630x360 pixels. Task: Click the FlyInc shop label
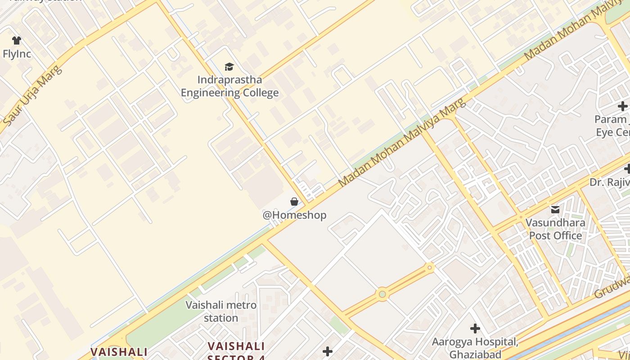tap(17, 54)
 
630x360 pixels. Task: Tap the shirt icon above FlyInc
tap(17, 40)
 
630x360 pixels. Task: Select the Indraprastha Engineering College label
tap(229, 86)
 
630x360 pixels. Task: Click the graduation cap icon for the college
tap(229, 67)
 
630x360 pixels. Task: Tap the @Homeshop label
tap(294, 215)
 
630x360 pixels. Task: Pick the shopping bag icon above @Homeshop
tap(294, 202)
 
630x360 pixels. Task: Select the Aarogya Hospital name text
tap(475, 342)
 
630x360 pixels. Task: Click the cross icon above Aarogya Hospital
tap(475, 328)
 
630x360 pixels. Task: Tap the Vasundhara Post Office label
tap(555, 229)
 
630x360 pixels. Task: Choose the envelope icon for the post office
tap(555, 209)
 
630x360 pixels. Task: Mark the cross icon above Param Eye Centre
tap(623, 107)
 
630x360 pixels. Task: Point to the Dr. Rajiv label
tap(610, 182)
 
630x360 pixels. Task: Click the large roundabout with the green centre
tap(382, 295)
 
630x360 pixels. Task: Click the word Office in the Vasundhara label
tap(569, 235)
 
